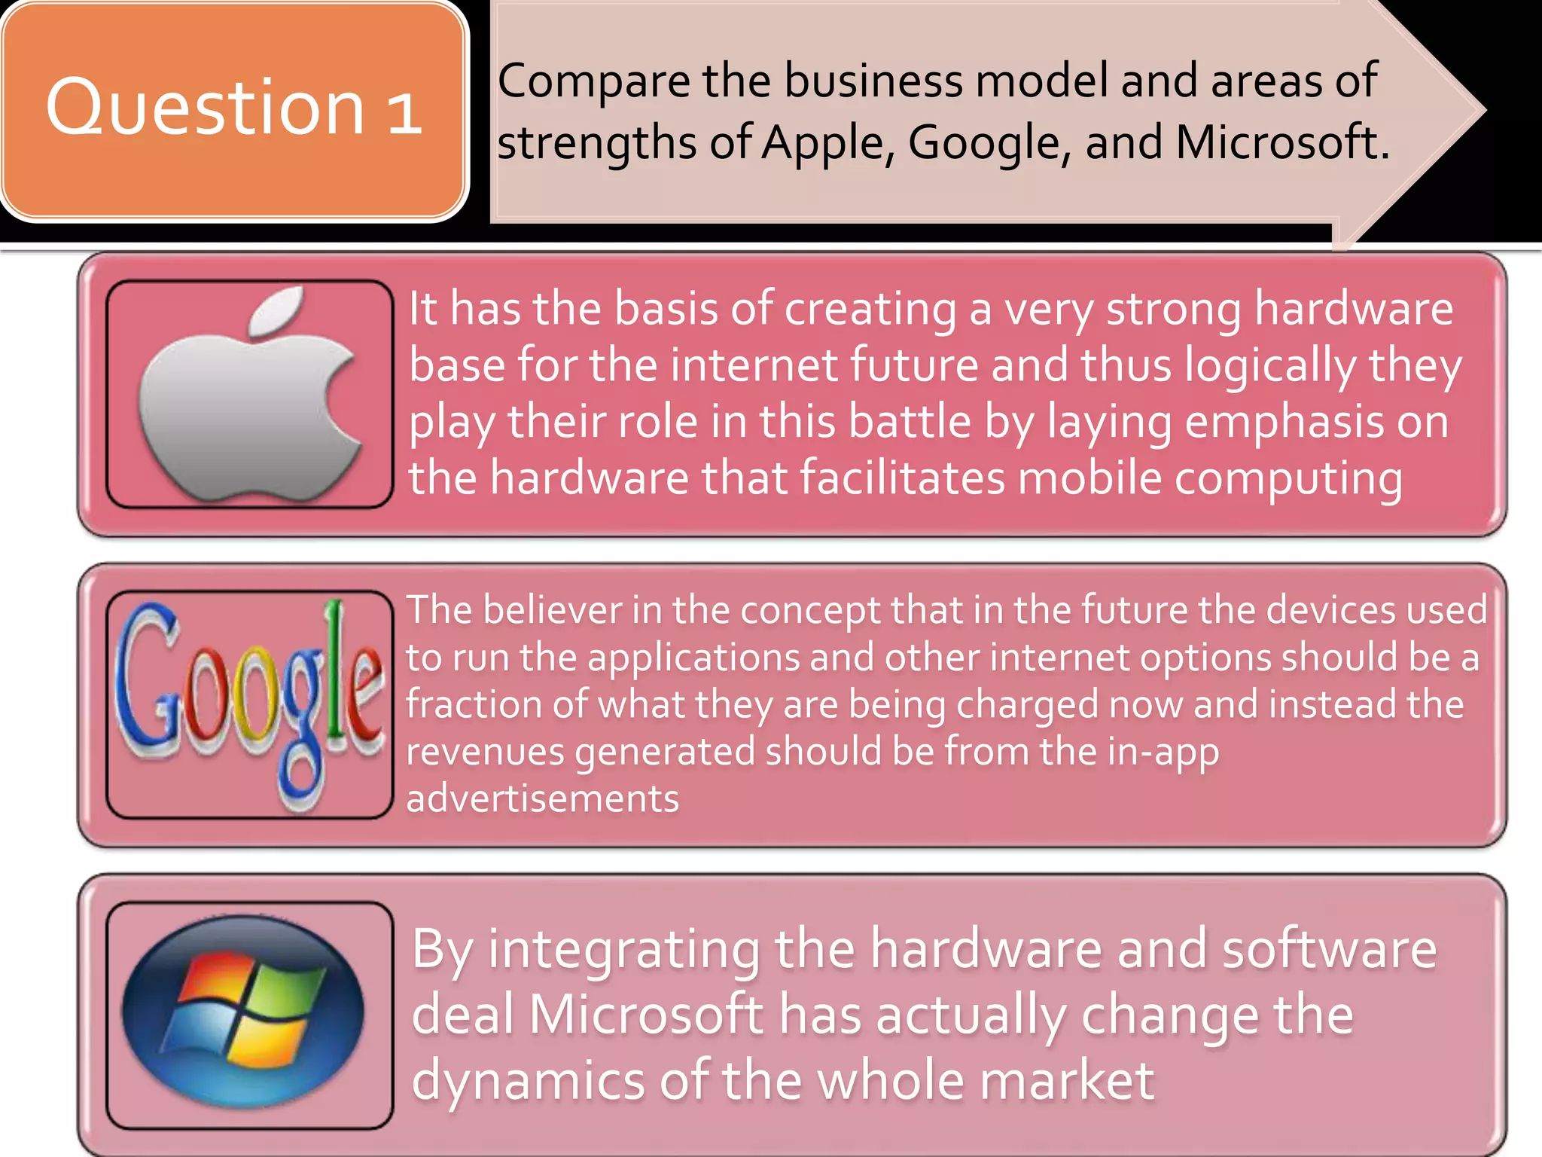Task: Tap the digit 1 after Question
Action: tap(404, 111)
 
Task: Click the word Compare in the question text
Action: tap(594, 82)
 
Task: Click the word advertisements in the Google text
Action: tap(542, 798)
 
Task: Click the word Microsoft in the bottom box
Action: tap(646, 1015)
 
